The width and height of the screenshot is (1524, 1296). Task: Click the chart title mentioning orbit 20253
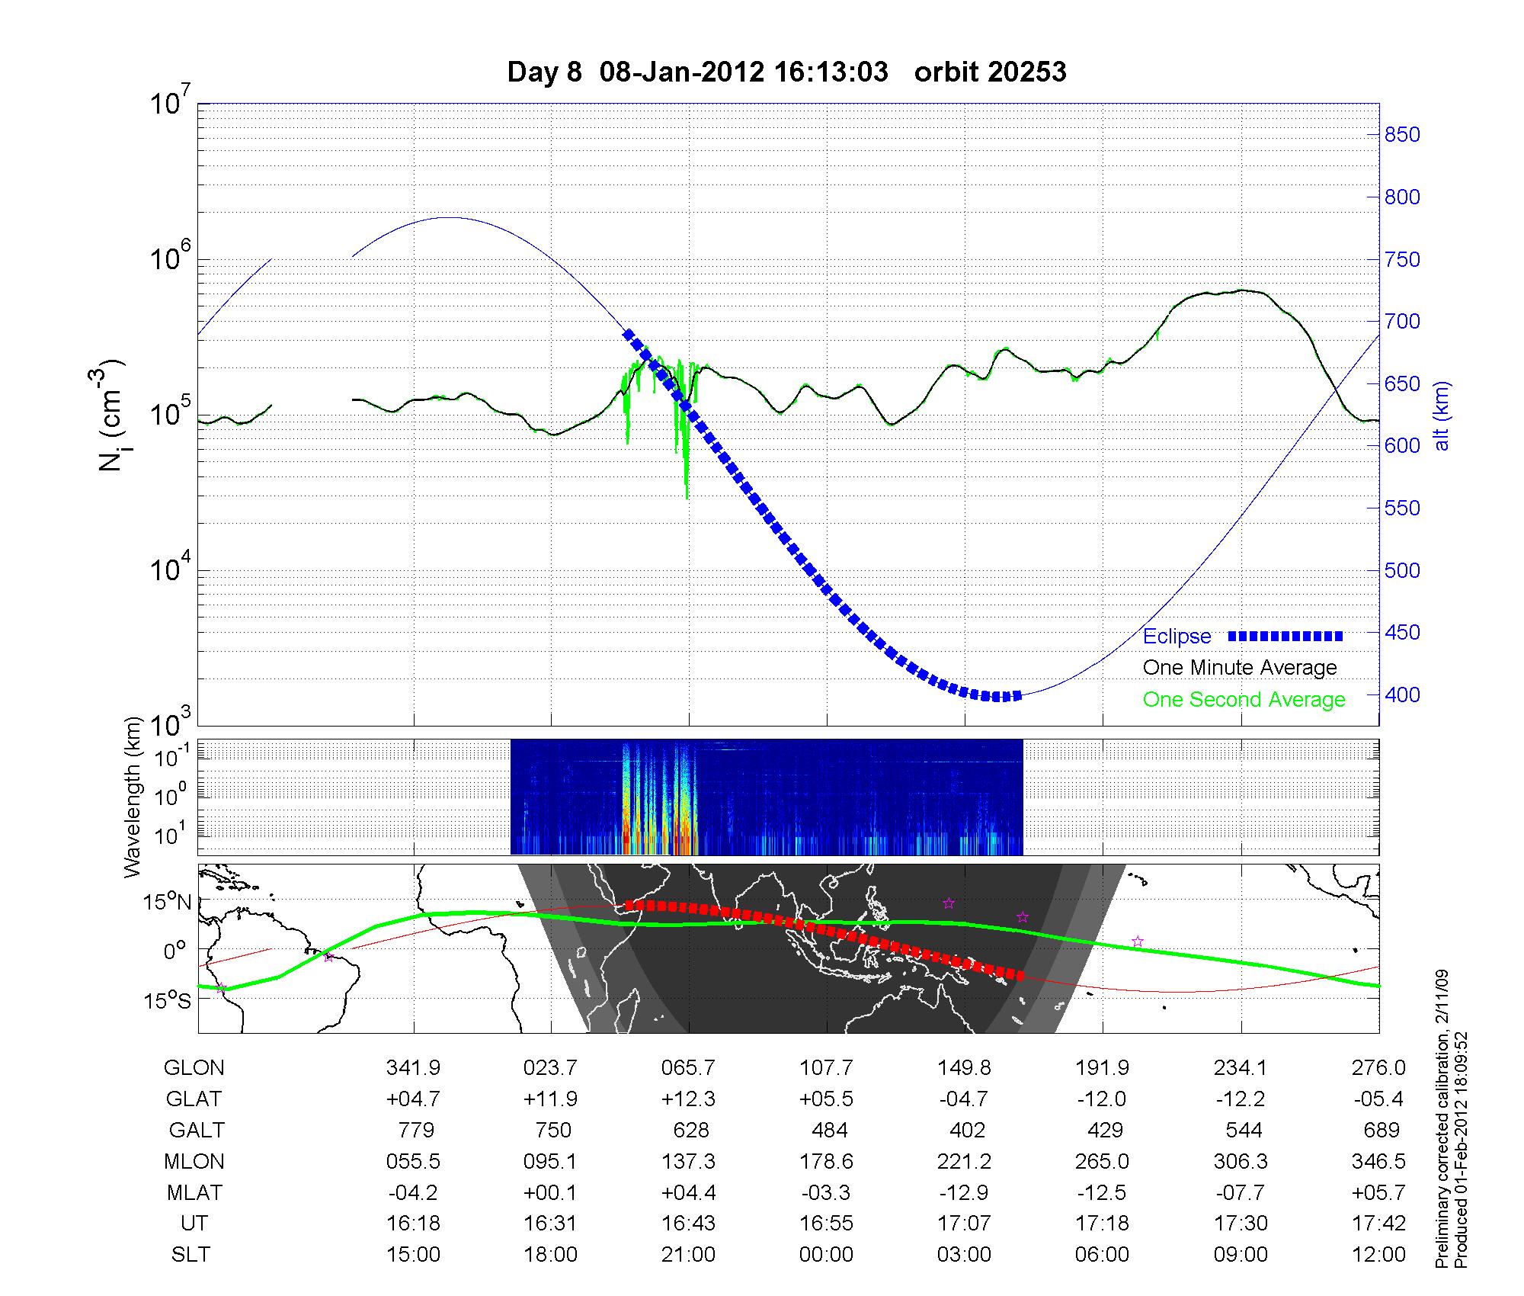pos(786,72)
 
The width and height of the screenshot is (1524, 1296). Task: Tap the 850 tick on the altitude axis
pos(1402,135)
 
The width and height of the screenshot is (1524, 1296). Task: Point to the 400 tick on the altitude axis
pos(1402,695)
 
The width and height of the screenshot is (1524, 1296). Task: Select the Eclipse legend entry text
pos(1177,637)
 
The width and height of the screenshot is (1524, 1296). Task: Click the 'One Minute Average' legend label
pos(1240,668)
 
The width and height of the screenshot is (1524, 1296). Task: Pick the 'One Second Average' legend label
pos(1244,700)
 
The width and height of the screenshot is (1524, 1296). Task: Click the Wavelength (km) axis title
pos(133,797)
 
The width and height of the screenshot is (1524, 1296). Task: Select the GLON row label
pos(194,1068)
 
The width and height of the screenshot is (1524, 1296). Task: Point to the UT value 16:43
pos(688,1224)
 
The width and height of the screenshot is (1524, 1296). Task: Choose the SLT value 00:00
pos(826,1255)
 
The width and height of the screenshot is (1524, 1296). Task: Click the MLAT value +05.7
pos(1378,1192)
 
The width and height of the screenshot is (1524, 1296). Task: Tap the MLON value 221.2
pos(964,1161)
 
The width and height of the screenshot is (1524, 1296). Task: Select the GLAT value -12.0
pos(1102,1099)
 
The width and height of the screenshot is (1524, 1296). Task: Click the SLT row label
pos(190,1255)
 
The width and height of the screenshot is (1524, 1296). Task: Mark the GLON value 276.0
pos(1378,1068)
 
